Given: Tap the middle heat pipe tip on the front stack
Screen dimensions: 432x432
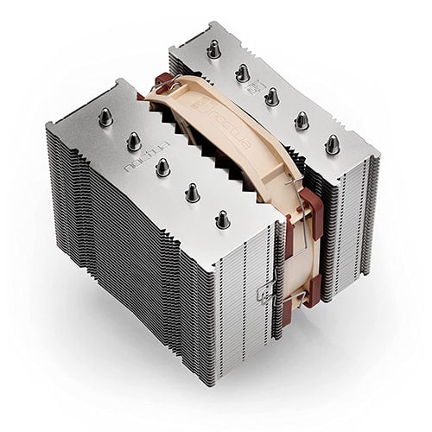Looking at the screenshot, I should point(162,167).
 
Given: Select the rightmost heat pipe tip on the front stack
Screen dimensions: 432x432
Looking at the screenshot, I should point(222,219).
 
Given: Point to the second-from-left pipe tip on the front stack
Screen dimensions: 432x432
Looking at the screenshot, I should point(134,141).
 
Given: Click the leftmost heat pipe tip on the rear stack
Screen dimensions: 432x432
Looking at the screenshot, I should point(213,50).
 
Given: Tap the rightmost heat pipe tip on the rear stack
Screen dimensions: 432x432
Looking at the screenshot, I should point(333,143).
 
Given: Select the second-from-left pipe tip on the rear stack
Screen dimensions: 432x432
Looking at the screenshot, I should point(243,73).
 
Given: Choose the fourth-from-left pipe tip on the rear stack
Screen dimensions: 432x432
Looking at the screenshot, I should point(302,121).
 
